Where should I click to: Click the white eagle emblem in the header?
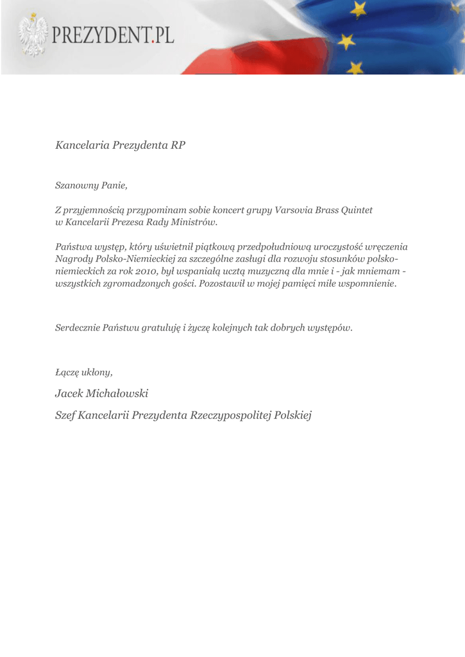(33, 35)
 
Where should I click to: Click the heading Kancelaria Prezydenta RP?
(121, 145)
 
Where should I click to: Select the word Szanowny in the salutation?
(73, 185)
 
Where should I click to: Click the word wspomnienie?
(365, 283)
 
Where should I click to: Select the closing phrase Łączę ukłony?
(84, 371)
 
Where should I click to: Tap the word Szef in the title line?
(66, 415)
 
